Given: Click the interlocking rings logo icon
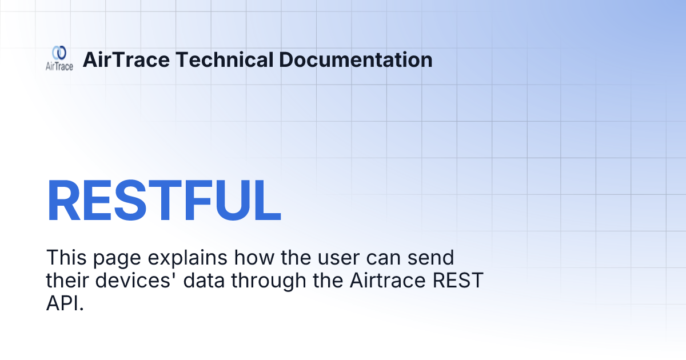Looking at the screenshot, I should [x=59, y=53].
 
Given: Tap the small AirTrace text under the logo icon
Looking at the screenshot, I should [x=59, y=66].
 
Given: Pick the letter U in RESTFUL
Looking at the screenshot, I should [x=223, y=201].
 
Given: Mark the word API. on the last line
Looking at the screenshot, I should [x=65, y=304].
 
